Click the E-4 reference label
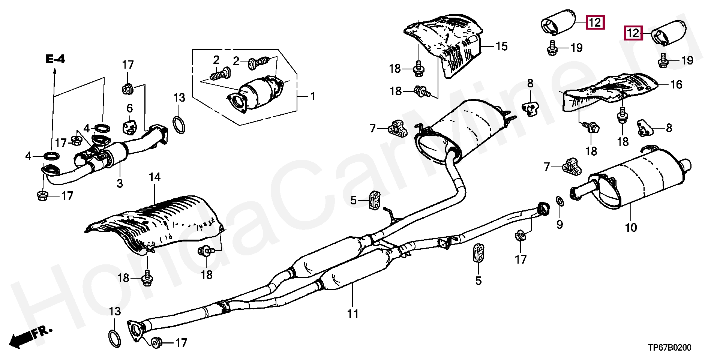[x=55, y=59]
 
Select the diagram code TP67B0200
[x=670, y=347]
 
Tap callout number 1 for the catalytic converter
[x=312, y=96]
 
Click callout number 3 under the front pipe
[x=120, y=183]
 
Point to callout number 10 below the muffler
[x=631, y=227]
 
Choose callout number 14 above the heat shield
[x=154, y=177]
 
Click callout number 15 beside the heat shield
[x=501, y=46]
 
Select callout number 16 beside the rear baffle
[x=676, y=85]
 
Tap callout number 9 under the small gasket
[x=559, y=225]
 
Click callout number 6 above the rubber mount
[x=129, y=108]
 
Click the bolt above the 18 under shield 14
[x=146, y=277]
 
